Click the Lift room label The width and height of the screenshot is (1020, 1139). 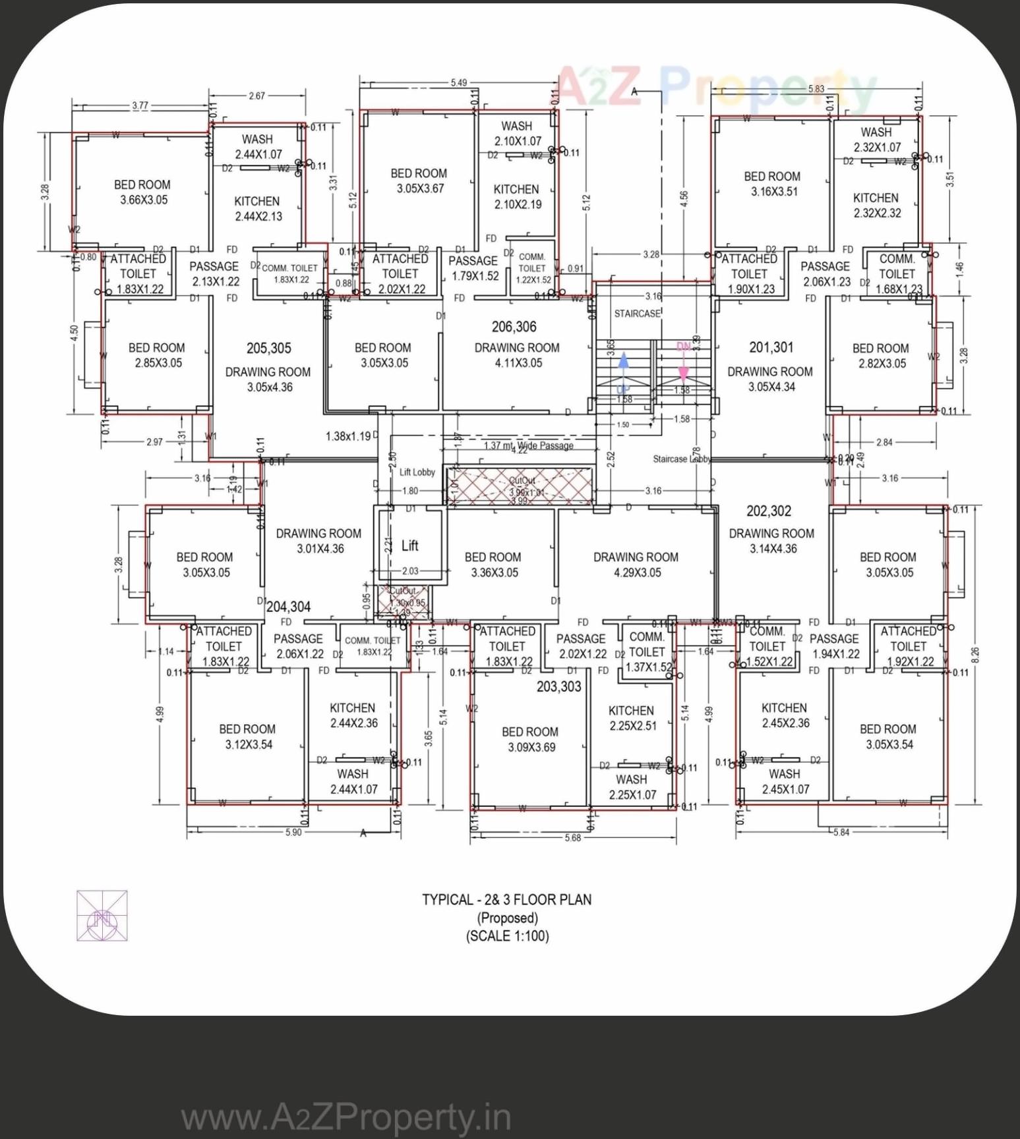(409, 545)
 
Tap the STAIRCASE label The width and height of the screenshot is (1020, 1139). (636, 314)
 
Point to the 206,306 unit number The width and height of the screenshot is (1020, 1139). (514, 327)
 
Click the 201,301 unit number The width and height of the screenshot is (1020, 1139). (771, 347)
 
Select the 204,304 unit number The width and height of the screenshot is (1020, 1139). (288, 607)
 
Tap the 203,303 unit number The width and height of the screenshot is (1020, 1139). (558, 686)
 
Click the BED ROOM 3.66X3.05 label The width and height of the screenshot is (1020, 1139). (142, 192)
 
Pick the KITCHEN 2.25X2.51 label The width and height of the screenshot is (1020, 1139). (632, 718)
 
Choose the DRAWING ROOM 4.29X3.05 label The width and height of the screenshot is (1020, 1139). (636, 565)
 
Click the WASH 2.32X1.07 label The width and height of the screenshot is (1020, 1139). (876, 140)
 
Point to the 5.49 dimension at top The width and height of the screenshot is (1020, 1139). (458, 83)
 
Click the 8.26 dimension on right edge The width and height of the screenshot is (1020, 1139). (975, 654)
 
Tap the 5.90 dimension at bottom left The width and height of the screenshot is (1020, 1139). (293, 833)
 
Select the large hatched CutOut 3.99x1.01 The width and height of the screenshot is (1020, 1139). (520, 486)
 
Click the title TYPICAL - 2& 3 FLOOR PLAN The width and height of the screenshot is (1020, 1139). (506, 900)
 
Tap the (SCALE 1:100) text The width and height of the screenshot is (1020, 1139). (506, 936)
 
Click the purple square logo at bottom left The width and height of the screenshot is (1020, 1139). (102, 916)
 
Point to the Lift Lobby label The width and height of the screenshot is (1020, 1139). (417, 472)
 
